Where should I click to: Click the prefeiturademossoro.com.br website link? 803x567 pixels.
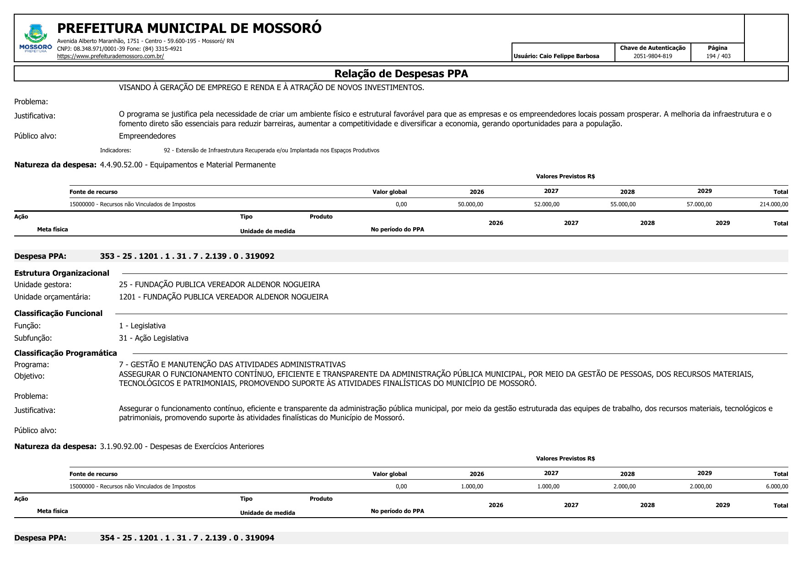(110, 56)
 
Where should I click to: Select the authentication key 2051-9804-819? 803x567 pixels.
(652, 56)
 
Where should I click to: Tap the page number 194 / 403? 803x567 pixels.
(718, 56)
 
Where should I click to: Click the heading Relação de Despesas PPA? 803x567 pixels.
(401, 74)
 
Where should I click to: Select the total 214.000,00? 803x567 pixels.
(773, 204)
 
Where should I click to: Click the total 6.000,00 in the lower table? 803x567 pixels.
(776, 487)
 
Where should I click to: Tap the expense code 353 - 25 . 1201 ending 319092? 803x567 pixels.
(187, 256)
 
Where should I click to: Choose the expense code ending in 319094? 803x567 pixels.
(187, 538)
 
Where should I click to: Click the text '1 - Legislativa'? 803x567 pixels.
(142, 326)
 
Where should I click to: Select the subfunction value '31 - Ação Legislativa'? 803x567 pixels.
(154, 338)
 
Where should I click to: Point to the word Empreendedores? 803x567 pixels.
(147, 136)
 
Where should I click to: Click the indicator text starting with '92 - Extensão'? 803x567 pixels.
(271, 150)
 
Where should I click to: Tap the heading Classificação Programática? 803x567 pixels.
(65, 353)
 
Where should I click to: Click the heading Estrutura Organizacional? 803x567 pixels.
(62, 273)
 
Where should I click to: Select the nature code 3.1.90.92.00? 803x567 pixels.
(121, 446)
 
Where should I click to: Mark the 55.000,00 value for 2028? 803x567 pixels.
(623, 204)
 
